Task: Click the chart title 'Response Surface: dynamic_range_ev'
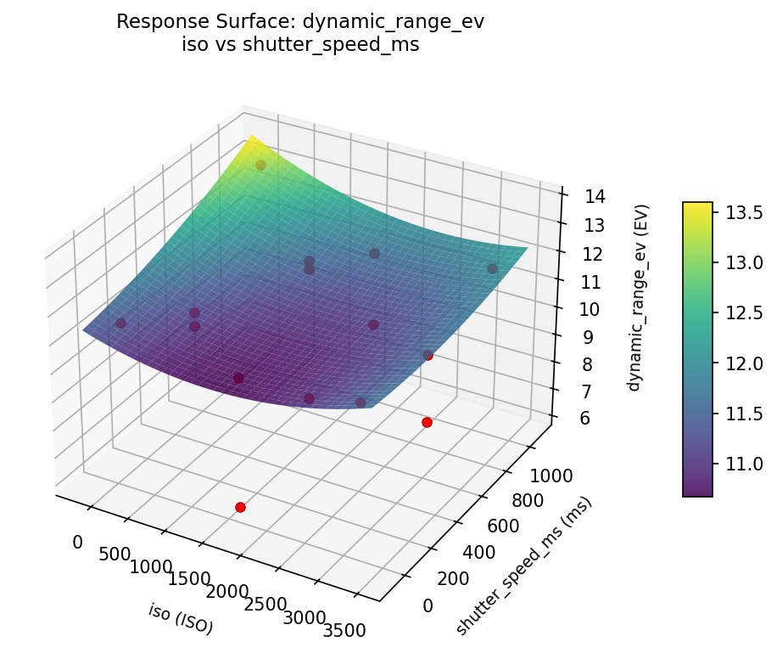[300, 22]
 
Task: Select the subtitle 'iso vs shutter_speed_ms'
[300, 45]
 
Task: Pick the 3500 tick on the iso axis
[345, 629]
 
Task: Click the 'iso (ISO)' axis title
[181, 619]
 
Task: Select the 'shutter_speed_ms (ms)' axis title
[523, 566]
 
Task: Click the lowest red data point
[240, 507]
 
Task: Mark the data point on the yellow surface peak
[260, 166]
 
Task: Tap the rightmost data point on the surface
[492, 268]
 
